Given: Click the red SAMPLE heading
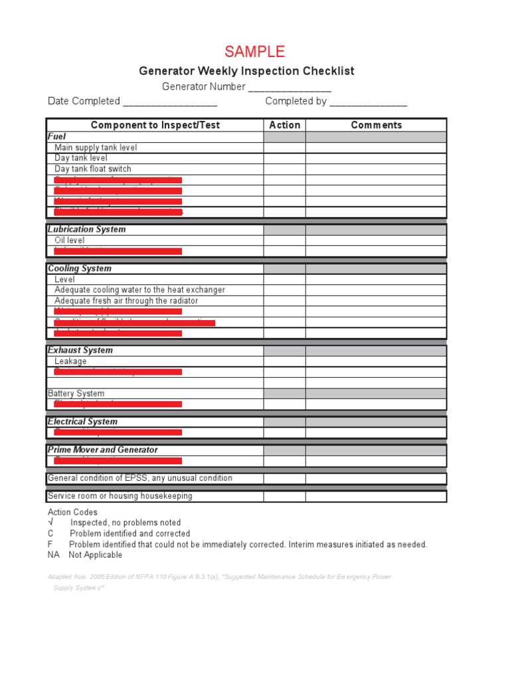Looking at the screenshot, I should pyautogui.click(x=255, y=52).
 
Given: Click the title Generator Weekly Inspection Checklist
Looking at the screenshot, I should pyautogui.click(x=246, y=71).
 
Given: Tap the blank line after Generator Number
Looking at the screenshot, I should pyautogui.click(x=290, y=88).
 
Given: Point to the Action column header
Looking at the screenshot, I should pyautogui.click(x=284, y=125).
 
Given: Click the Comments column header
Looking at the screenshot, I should pyautogui.click(x=376, y=125).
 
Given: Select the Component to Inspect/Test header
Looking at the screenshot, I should pyautogui.click(x=155, y=125).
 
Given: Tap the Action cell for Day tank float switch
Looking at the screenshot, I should pyautogui.click(x=284, y=169).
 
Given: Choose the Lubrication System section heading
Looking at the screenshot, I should pyautogui.click(x=86, y=229).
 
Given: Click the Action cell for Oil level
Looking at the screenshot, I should pyautogui.click(x=284, y=240).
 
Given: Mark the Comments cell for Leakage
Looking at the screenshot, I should pyautogui.click(x=376, y=361).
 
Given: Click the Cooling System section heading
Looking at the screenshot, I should pyautogui.click(x=80, y=268).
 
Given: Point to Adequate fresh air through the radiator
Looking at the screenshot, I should pyautogui.click(x=126, y=301).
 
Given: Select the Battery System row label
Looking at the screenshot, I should pyautogui.click(x=76, y=393).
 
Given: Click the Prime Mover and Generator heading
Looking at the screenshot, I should pyautogui.click(x=103, y=450).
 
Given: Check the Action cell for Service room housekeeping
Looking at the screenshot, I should pyautogui.click(x=284, y=496).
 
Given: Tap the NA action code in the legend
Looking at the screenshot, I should pyautogui.click(x=53, y=555).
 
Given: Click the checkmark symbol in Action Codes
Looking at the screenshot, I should pyautogui.click(x=50, y=523).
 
